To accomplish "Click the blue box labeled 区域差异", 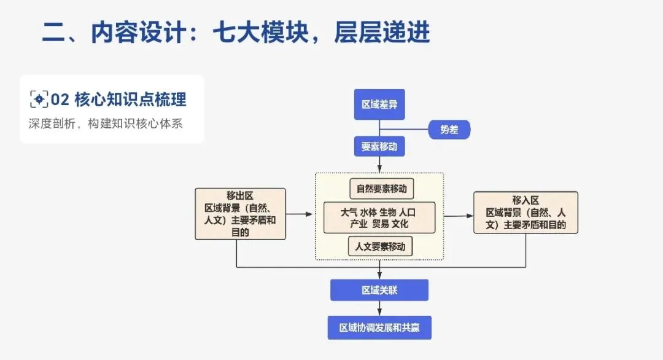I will point(379,104).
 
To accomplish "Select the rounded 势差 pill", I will point(448,130).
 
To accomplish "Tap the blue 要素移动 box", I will point(379,147).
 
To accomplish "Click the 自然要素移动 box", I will point(381,189).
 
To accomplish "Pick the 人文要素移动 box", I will point(381,246).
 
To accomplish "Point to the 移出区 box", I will point(240,214).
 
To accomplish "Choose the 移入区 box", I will point(525,213).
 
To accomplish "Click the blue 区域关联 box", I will point(379,290).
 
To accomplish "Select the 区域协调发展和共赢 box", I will point(379,327).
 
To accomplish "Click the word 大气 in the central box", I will point(349,213).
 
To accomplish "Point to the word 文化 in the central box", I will point(400,224).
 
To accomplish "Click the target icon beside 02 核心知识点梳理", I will point(39,99).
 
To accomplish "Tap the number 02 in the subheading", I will point(60,99).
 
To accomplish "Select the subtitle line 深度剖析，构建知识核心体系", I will point(106,123).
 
